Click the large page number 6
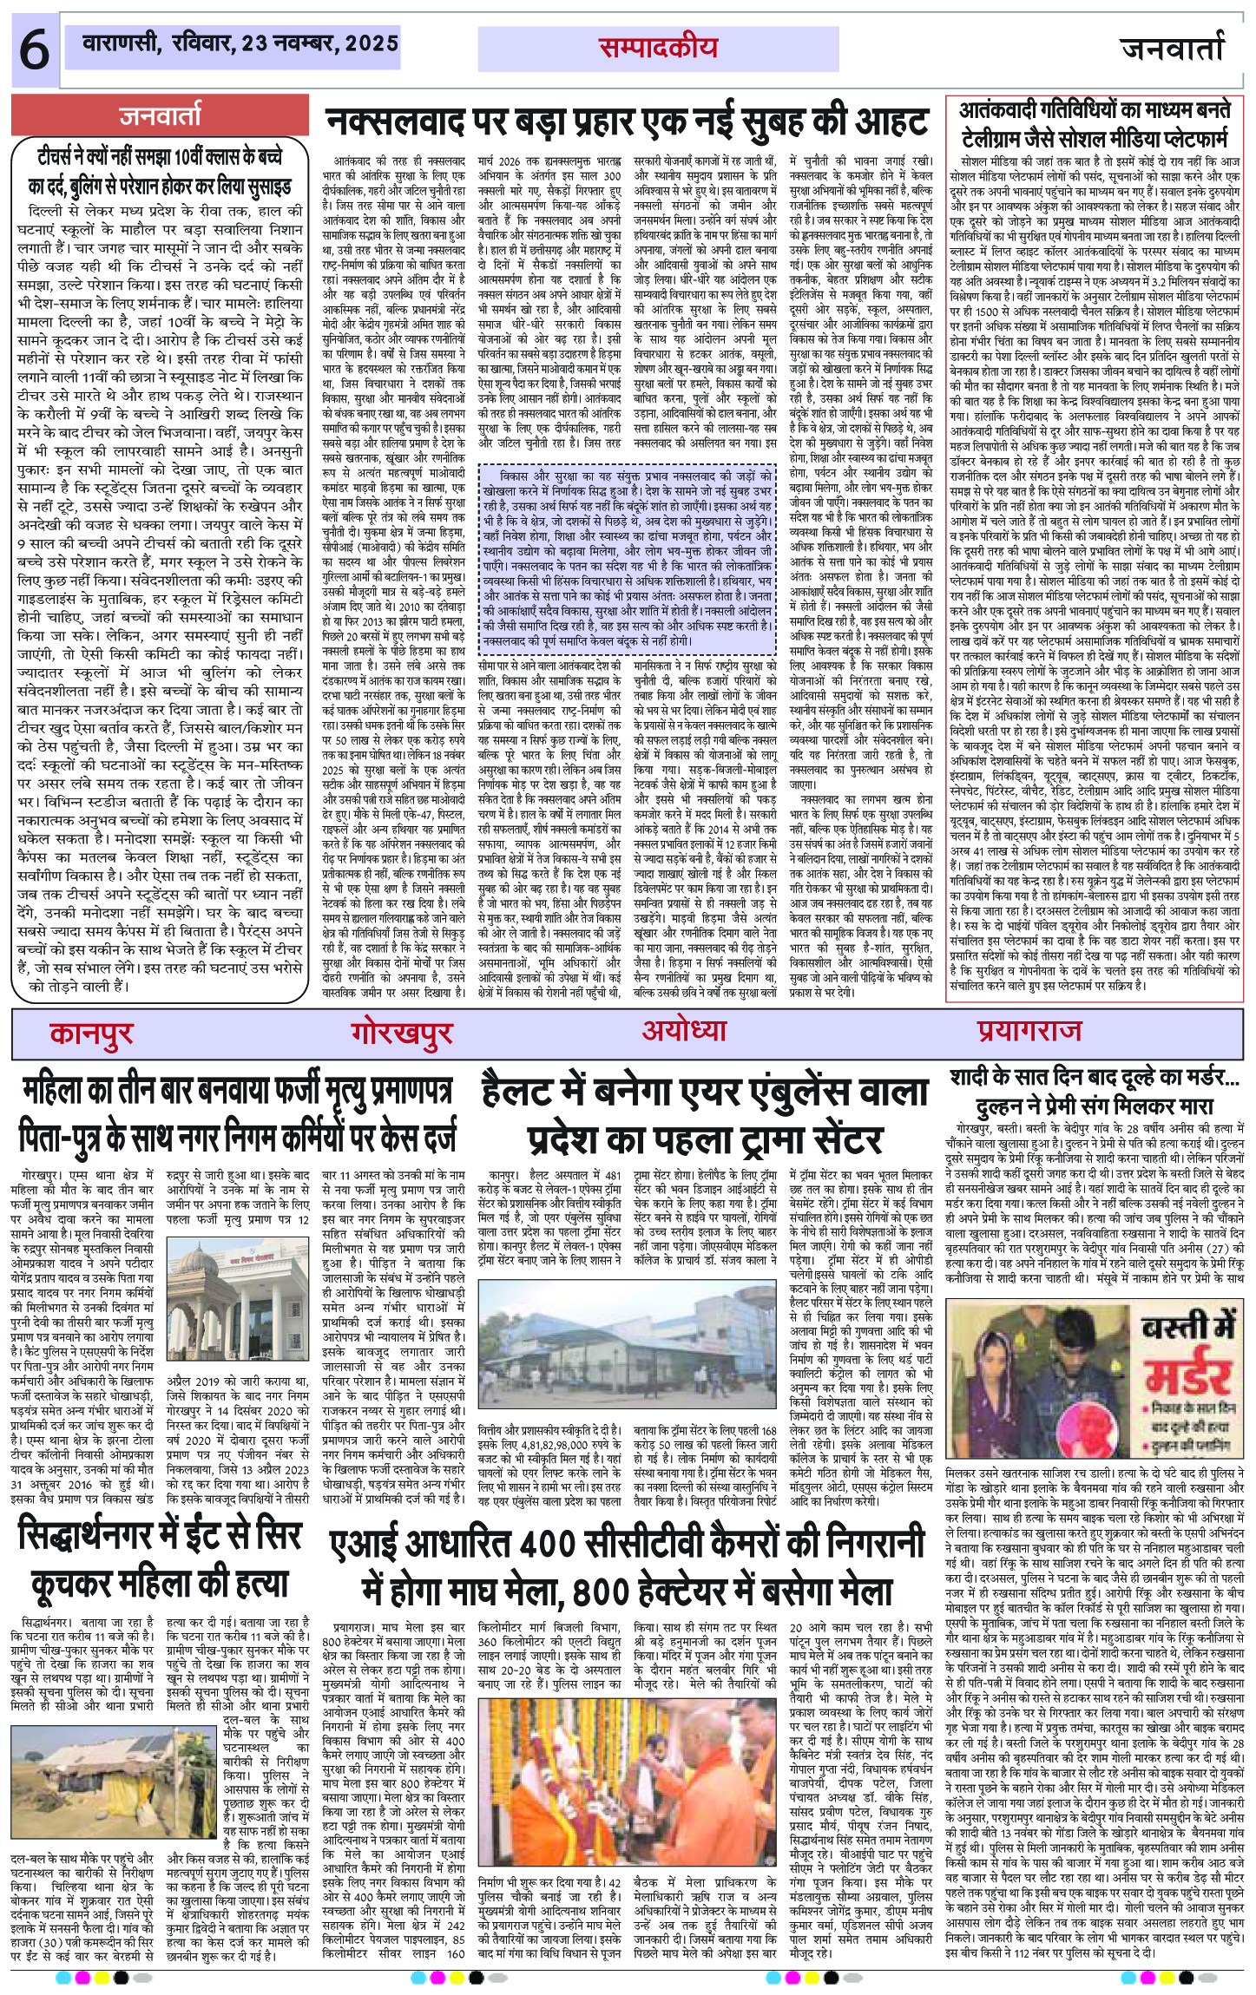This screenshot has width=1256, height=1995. pos(33,53)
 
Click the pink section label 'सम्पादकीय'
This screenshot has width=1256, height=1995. pos(657,48)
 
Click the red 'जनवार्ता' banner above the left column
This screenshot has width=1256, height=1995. pos(161,115)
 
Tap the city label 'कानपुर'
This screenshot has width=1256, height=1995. pos(91,1032)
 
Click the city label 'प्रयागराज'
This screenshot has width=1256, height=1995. pos(1029,1031)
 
